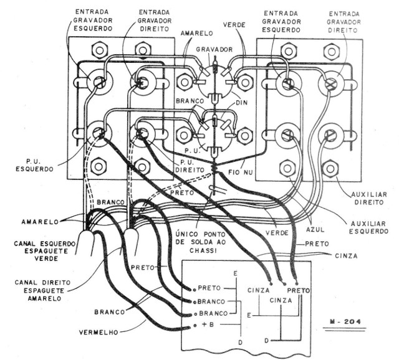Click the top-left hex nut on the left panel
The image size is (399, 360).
[x=97, y=49]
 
